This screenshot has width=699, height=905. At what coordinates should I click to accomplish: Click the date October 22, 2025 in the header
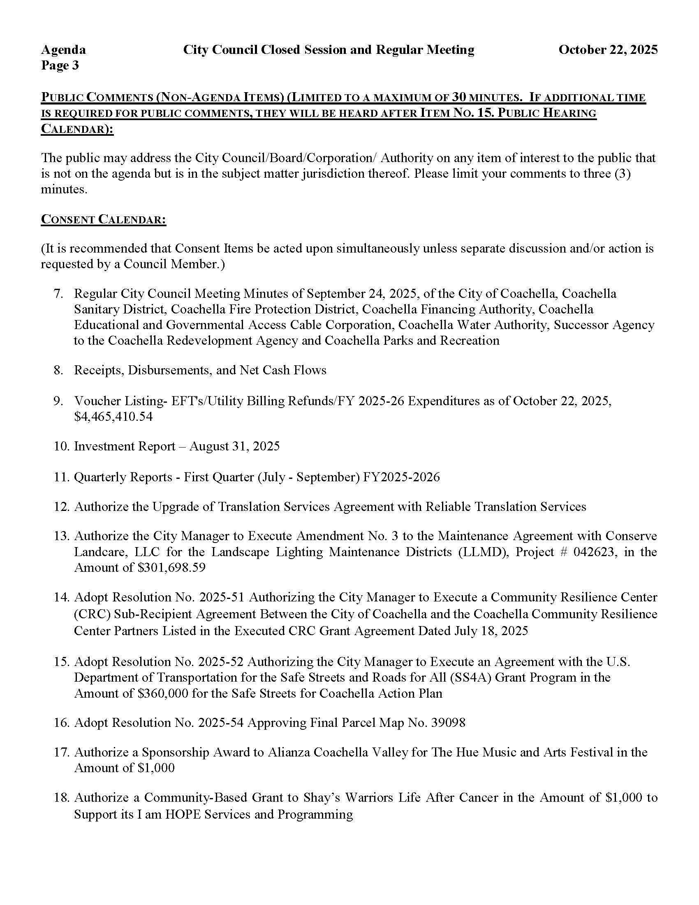pyautogui.click(x=607, y=50)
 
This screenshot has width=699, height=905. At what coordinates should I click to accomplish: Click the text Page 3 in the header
pyautogui.click(x=60, y=65)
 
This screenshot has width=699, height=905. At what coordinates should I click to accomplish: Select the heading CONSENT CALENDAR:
pyautogui.click(x=103, y=219)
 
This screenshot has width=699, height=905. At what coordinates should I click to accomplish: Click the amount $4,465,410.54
pyautogui.click(x=113, y=416)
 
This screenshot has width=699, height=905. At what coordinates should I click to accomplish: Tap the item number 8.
pyautogui.click(x=58, y=370)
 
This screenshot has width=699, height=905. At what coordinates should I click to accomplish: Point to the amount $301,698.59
pyautogui.click(x=171, y=568)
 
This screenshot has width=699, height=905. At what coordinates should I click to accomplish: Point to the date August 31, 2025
pyautogui.click(x=235, y=446)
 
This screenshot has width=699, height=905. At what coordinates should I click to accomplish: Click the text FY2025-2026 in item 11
pyautogui.click(x=401, y=477)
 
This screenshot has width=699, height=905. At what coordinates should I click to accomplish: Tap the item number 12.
pyautogui.click(x=62, y=507)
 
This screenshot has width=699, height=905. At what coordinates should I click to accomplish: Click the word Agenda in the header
pyautogui.click(x=63, y=50)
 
